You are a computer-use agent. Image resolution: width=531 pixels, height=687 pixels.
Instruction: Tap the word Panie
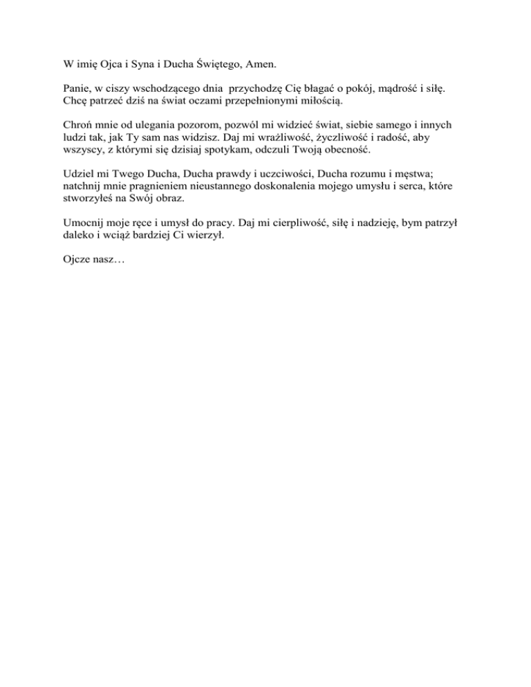click(x=68, y=91)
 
